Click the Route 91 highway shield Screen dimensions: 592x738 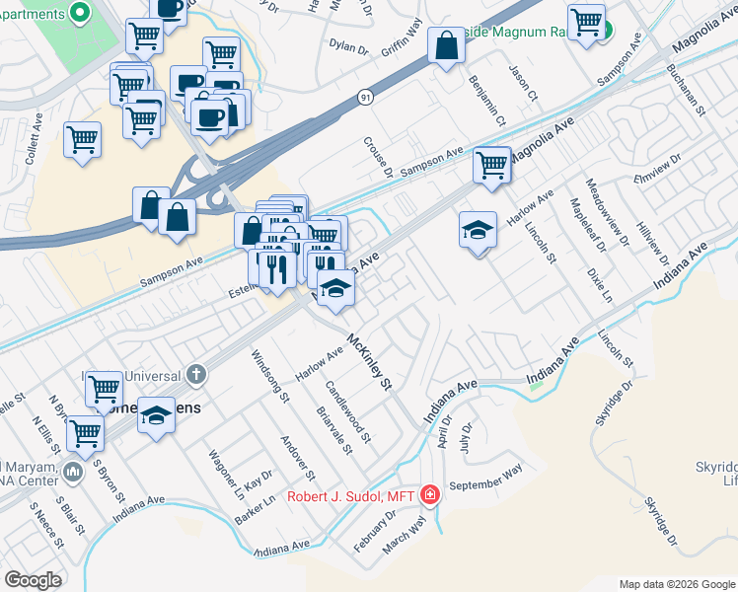[x=365, y=98]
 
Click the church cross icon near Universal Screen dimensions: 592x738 [x=195, y=374]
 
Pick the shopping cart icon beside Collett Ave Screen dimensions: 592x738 [x=83, y=138]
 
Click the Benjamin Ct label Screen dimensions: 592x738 [x=487, y=101]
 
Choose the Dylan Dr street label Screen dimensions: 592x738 [x=348, y=46]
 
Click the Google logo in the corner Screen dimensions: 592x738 [x=33, y=579]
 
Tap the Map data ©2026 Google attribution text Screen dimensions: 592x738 [x=676, y=584]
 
